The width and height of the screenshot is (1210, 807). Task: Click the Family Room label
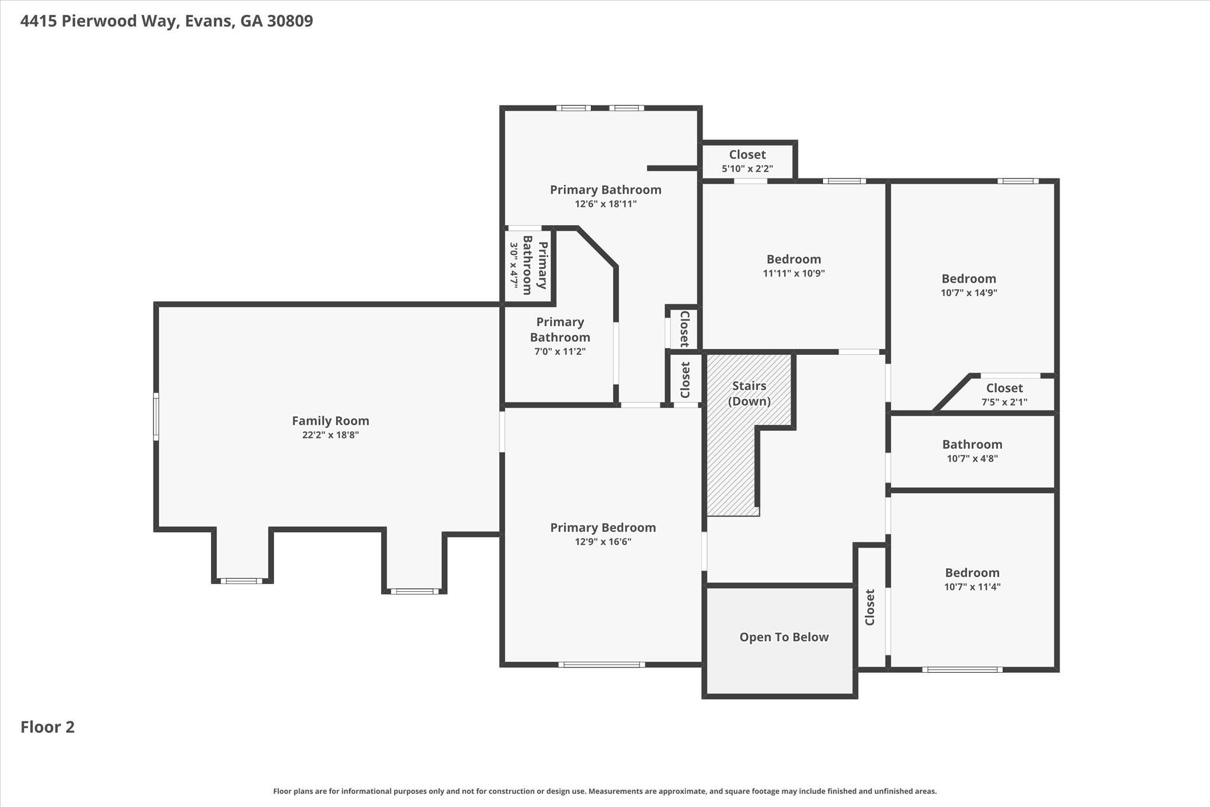click(330, 421)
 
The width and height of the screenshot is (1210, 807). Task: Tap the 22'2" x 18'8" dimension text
click(330, 435)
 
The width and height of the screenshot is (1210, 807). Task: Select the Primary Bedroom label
click(603, 527)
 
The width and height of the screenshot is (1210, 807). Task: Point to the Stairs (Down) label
click(749, 394)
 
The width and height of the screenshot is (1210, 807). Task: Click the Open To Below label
click(784, 637)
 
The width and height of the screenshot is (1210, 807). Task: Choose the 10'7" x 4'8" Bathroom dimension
click(972, 458)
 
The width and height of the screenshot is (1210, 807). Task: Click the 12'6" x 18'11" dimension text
click(606, 204)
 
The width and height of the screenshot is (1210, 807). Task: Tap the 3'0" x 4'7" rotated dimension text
click(513, 267)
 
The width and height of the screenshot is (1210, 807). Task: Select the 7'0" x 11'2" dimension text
click(560, 351)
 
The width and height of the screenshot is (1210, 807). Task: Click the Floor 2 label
click(48, 727)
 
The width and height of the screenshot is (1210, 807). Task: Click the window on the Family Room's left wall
click(156, 416)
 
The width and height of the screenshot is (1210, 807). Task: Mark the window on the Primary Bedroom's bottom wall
click(601, 665)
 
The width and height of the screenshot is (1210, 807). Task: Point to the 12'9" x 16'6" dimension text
click(603, 542)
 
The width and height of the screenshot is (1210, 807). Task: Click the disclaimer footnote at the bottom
click(605, 791)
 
